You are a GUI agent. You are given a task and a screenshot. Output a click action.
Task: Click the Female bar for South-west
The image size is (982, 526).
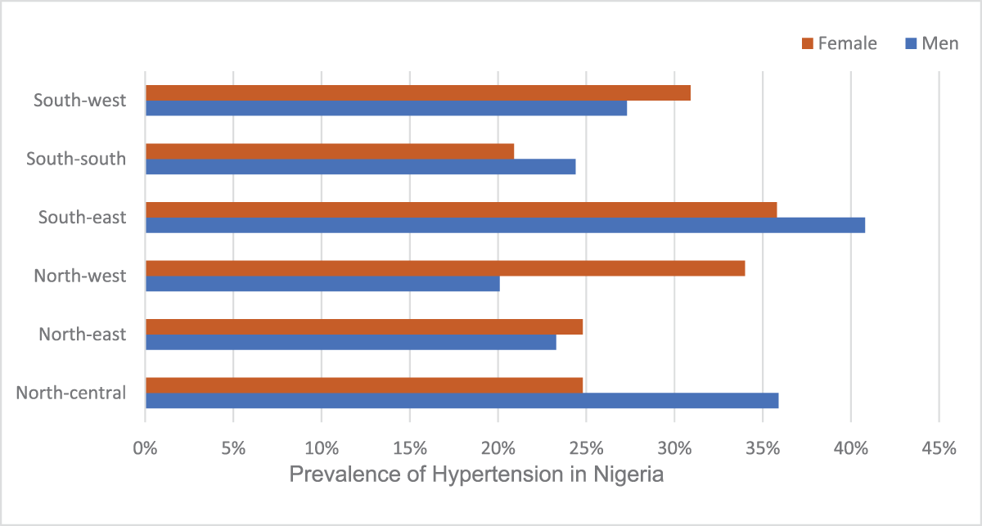(417, 92)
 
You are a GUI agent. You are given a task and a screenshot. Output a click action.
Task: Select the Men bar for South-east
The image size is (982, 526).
(505, 225)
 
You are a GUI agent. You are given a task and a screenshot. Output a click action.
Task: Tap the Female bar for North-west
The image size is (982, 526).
(445, 268)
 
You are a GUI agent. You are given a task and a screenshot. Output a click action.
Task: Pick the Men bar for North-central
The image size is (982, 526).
(462, 401)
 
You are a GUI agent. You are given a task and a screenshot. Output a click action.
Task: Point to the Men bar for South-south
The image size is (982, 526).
(360, 167)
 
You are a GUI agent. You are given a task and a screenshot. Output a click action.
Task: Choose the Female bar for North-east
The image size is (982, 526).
(364, 327)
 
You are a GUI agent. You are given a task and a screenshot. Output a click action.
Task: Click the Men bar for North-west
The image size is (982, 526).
(322, 284)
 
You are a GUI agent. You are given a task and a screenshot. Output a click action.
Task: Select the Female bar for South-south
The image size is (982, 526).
(330, 151)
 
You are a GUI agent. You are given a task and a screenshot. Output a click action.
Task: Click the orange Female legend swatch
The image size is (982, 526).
(808, 43)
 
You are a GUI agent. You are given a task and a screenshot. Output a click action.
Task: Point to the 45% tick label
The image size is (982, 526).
(939, 448)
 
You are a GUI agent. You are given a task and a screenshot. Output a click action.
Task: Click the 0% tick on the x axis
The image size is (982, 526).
(146, 448)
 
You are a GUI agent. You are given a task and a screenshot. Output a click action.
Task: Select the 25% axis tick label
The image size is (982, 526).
(586, 448)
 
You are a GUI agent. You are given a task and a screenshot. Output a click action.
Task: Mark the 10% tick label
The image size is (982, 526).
(322, 448)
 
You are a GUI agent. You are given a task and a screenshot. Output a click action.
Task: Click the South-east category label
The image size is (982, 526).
(82, 218)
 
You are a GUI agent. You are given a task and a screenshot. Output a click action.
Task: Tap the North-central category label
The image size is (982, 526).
(71, 393)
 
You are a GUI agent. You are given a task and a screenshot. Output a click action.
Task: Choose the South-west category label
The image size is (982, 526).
(80, 101)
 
